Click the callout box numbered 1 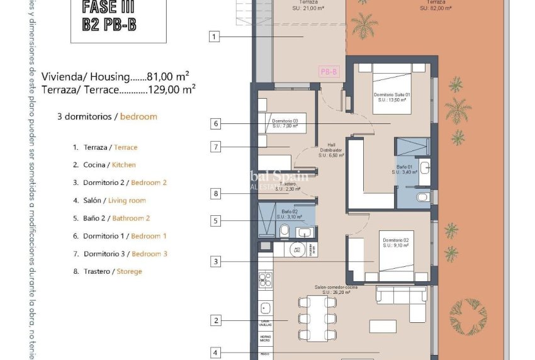click(x=215, y=37)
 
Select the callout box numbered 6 click(x=215, y=124)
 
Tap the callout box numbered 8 click(x=215, y=194)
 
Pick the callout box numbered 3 click(x=215, y=261)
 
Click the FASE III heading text click(x=109, y=8)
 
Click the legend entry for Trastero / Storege click(x=112, y=271)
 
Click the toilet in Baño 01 click(x=422, y=197)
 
